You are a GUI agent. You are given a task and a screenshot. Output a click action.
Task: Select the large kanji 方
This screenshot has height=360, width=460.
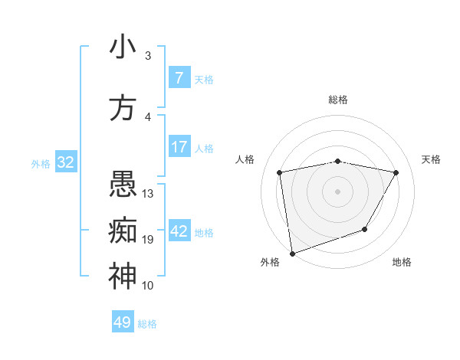pos(122,108)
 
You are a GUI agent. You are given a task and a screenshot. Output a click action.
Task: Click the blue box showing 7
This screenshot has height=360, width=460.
pos(179,78)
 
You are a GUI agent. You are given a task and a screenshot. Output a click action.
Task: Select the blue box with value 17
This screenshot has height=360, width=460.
pos(179,147)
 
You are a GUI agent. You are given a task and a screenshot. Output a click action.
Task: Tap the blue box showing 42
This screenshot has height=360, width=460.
pos(179,231)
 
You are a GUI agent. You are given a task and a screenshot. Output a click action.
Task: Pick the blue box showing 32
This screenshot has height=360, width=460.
pos(65,162)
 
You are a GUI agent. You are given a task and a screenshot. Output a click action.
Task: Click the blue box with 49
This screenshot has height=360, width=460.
pos(122,322)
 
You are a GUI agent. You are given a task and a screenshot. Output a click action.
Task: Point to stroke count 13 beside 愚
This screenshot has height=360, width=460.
pos(148,194)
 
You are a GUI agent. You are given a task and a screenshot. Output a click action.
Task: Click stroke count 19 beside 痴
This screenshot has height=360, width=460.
pos(148,240)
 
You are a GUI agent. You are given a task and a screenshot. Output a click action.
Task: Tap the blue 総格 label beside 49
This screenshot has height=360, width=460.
pos(147,324)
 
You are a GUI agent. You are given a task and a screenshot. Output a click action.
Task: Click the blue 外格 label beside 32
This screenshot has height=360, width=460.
pos(41,163)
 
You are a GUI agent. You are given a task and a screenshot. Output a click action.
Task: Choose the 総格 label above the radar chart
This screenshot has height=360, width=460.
pos(337,100)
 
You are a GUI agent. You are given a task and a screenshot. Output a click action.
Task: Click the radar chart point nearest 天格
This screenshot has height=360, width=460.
pos(396,172)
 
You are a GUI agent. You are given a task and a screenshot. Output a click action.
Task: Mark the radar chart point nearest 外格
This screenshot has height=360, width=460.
pos(292,253)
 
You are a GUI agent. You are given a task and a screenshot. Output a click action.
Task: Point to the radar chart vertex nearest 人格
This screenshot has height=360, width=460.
pos(280,172)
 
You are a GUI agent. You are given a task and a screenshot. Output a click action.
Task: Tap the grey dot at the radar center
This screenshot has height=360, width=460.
pos(337,191)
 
